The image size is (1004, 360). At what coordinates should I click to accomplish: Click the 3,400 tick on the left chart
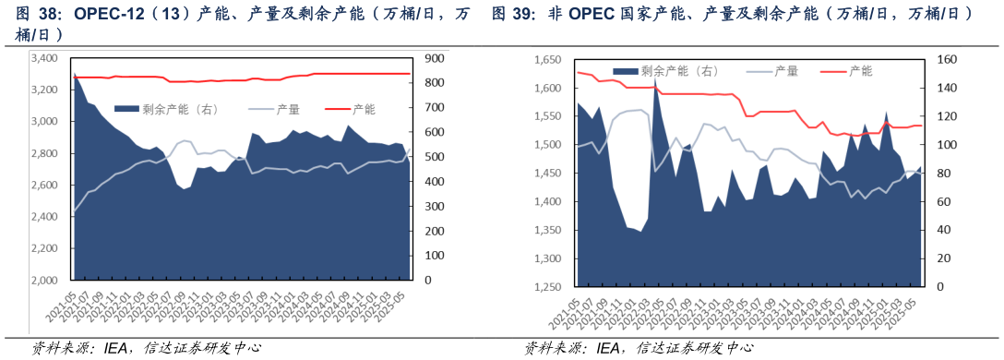[45, 58]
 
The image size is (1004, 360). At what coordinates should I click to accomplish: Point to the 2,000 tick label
[45, 280]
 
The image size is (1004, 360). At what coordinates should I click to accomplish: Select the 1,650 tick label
[548, 60]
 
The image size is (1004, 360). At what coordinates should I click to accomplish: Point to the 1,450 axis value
[548, 174]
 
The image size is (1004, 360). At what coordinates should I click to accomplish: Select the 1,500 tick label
[548, 145]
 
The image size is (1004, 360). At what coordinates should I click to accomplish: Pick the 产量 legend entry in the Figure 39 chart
[785, 70]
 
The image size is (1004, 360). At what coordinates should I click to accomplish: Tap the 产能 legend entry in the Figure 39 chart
[860, 70]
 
